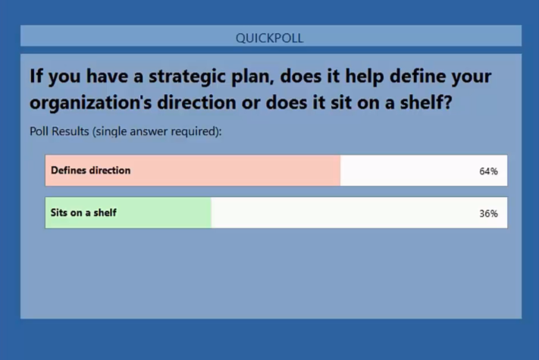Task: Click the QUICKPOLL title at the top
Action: [270, 38]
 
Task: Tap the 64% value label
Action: [488, 171]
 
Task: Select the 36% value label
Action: [488, 213]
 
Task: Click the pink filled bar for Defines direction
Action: [193, 171]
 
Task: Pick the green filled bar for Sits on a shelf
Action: [128, 213]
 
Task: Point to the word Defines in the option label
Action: [68, 170]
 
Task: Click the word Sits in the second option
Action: [59, 213]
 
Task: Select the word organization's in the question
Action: [90, 103]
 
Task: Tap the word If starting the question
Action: [36, 76]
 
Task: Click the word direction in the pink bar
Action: [110, 170]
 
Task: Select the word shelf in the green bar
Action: [105, 213]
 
